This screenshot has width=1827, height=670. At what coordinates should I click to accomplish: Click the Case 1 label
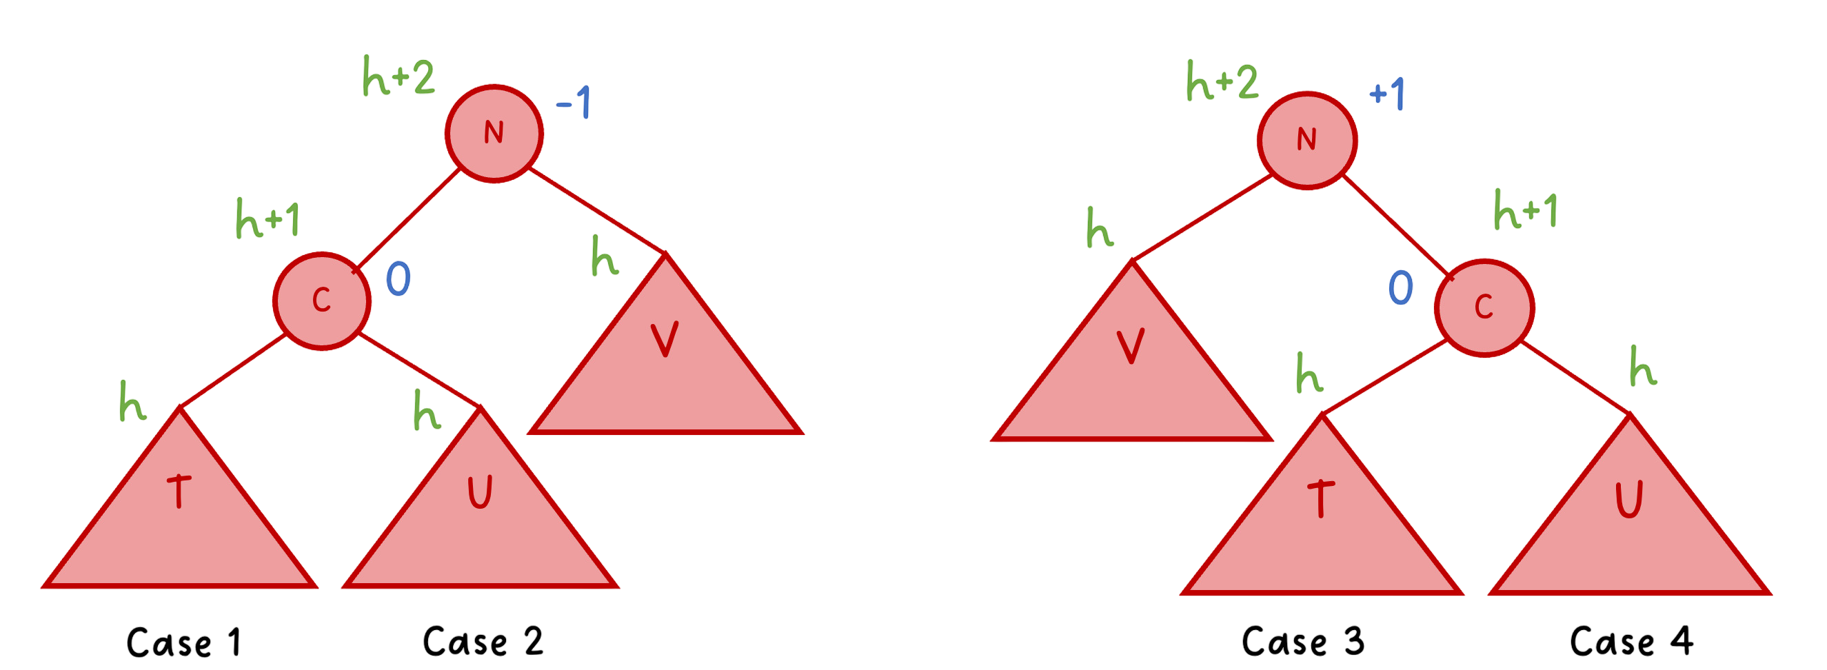pos(185,642)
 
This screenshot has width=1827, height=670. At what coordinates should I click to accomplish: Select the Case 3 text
pos(1303,642)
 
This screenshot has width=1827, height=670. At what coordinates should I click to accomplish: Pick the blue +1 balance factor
pos(1387,95)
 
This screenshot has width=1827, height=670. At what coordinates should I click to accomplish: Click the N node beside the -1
pos(494,133)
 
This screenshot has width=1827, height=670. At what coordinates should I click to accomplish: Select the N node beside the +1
pos(1307,140)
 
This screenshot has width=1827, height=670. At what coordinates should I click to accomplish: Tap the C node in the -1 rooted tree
pos(322,301)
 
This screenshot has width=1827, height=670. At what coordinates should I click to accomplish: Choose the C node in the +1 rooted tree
pos(1484,307)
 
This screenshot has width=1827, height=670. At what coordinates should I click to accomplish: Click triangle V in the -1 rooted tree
pos(665,369)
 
